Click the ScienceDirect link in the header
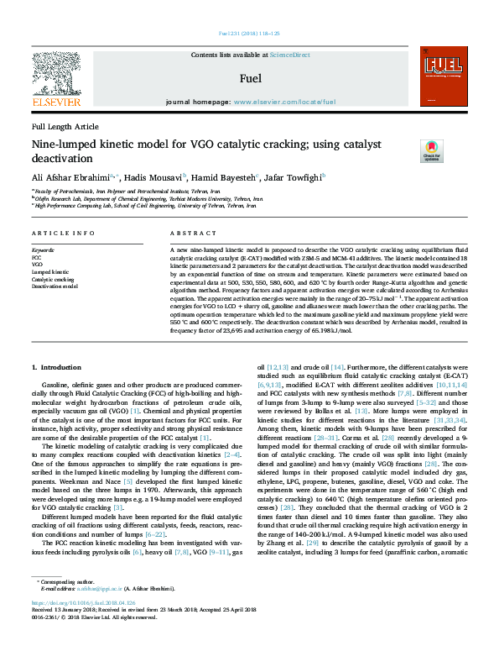point(290,55)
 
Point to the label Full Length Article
point(65,126)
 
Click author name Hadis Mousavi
point(157,177)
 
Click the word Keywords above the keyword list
point(43,250)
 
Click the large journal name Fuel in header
point(250,79)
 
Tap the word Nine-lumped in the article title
point(64,144)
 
